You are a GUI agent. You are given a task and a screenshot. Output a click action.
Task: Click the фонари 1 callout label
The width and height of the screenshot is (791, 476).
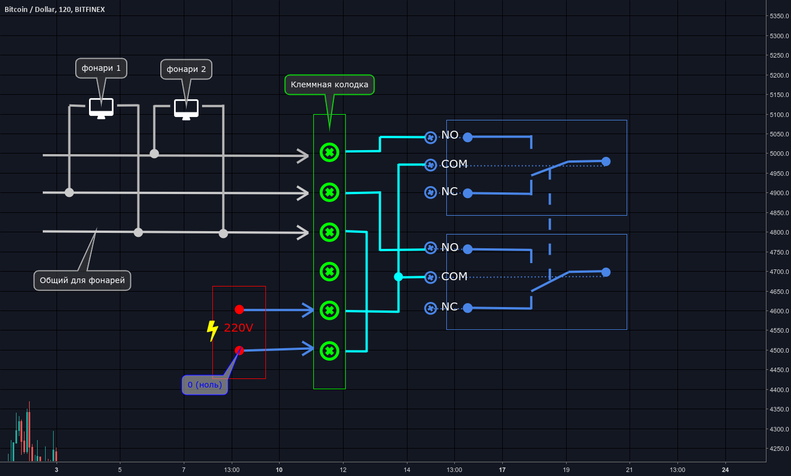point(101,68)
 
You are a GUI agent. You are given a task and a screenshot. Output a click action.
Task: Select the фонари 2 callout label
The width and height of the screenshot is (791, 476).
point(186,70)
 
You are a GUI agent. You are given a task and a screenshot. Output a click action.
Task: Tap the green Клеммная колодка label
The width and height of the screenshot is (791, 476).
point(329,85)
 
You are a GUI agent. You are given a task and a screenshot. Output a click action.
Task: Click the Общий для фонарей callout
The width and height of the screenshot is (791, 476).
point(82,280)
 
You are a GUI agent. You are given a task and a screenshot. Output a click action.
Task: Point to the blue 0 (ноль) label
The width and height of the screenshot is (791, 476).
point(205,385)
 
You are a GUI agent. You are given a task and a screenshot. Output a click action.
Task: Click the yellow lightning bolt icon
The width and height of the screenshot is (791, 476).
point(212,330)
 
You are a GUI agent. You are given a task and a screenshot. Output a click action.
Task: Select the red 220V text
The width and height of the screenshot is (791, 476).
point(239,328)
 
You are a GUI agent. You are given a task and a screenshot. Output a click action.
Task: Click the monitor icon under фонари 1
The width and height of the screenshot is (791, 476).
point(101,107)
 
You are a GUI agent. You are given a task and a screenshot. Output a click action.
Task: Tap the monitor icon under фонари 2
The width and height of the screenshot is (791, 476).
point(186,108)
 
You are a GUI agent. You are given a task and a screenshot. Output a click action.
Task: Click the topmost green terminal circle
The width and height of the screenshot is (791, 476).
point(329,152)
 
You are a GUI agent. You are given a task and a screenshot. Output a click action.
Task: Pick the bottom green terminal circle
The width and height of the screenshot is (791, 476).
point(329,350)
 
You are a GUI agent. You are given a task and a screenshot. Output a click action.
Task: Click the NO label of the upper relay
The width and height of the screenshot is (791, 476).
point(450,135)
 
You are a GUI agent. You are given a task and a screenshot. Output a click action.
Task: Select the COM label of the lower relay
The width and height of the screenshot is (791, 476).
point(454,276)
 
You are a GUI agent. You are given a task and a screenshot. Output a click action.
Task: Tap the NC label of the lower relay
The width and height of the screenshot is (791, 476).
point(449,306)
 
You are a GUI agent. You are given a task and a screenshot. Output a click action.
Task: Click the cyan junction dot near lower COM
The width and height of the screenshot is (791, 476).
point(398,277)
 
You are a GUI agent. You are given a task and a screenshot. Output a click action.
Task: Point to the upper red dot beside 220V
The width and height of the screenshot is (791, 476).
point(239,309)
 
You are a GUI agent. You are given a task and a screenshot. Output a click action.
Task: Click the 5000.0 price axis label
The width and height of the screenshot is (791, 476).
point(778,154)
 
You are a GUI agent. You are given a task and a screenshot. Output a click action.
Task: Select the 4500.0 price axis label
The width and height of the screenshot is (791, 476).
point(778,350)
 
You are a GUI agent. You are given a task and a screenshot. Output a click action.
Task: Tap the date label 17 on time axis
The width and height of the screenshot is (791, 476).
point(502,470)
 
